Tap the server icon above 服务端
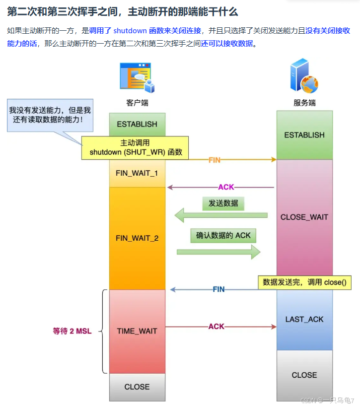pos(303,76)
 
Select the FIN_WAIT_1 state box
pos(137,173)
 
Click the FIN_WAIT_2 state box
pos(137,238)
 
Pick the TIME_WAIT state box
pos(137,331)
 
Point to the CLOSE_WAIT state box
pos(304,217)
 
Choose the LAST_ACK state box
pos(304,319)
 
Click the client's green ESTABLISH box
pos(137,124)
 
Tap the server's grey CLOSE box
pos(304,375)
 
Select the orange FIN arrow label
pos(215,160)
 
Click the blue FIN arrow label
pos(218,289)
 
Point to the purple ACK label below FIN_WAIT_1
pos(226,187)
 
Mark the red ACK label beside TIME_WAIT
pos(216,327)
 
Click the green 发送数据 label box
pos(223,203)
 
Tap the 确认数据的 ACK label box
pos(222,235)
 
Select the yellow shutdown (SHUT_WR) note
pos(135,148)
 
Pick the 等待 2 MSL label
pos(72,331)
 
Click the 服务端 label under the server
pos(304,103)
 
